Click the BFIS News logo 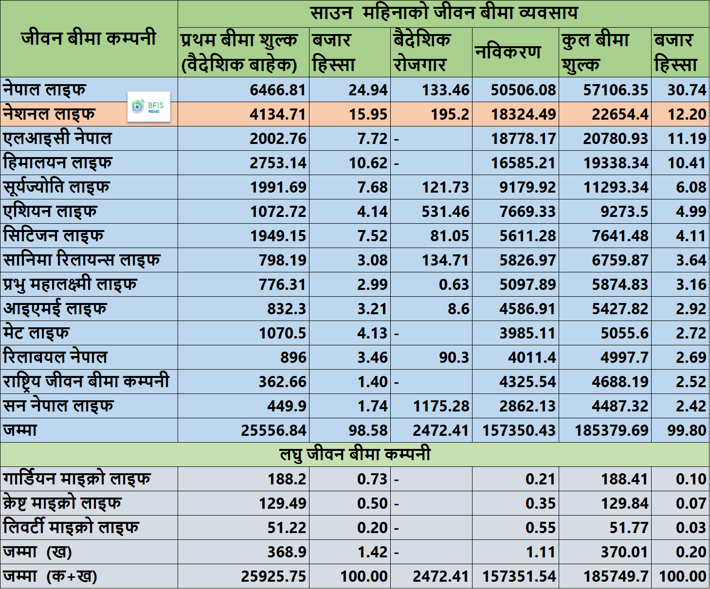coord(148,107)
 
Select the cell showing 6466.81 coord(278,90)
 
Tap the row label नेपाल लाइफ coord(44,89)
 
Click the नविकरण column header coord(508,53)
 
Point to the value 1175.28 coord(441,406)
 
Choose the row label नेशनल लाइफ coord(49,114)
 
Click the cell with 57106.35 coord(616,90)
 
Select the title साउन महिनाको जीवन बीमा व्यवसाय coord(444,14)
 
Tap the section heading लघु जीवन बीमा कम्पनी coord(355,454)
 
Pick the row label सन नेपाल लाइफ coord(58,406)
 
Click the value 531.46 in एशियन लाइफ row coord(445,212)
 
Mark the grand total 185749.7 coord(616,576)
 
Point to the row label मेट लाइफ coord(36,333)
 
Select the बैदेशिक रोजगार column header coord(422,53)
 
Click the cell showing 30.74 coord(687,90)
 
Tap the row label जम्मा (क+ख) coord(50,576)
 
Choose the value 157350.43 coord(519,430)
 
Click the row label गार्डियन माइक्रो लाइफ coord(76,479)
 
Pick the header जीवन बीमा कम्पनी coord(89,38)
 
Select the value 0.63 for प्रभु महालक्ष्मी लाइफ coord(454,285)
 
